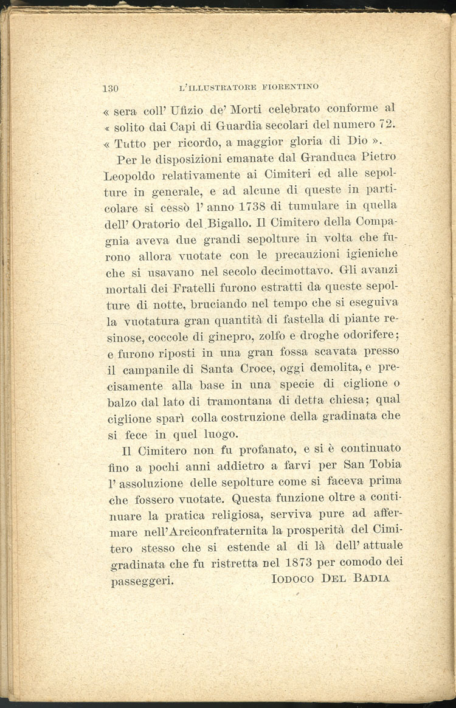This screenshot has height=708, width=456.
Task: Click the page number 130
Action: [x=110, y=88]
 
